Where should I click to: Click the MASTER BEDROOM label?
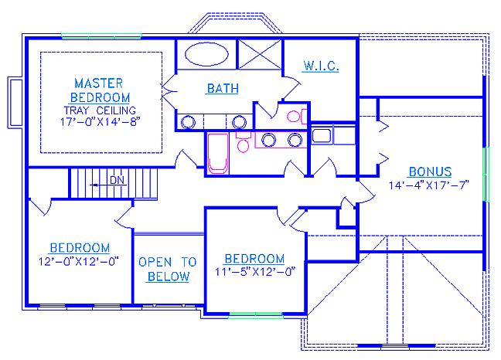click(100, 90)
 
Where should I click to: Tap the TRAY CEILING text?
click(100, 110)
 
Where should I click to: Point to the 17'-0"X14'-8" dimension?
click(101, 122)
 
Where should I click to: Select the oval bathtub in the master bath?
click(206, 54)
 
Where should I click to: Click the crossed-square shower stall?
click(260, 54)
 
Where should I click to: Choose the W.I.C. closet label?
click(321, 66)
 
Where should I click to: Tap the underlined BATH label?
click(223, 88)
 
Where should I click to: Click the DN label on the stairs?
click(117, 180)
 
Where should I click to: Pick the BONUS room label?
click(430, 172)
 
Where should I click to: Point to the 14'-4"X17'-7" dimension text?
click(429, 185)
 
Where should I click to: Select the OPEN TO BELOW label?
click(168, 270)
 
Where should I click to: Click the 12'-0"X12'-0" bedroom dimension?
click(79, 262)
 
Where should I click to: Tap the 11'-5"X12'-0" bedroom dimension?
click(255, 272)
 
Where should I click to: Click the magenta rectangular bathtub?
click(218, 154)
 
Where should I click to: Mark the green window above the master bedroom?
click(101, 36)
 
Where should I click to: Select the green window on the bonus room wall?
click(486, 175)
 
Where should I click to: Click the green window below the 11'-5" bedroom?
click(256, 316)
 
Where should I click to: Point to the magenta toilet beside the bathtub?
click(244, 143)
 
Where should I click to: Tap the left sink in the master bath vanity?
click(188, 122)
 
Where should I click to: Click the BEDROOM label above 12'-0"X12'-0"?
click(80, 248)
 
